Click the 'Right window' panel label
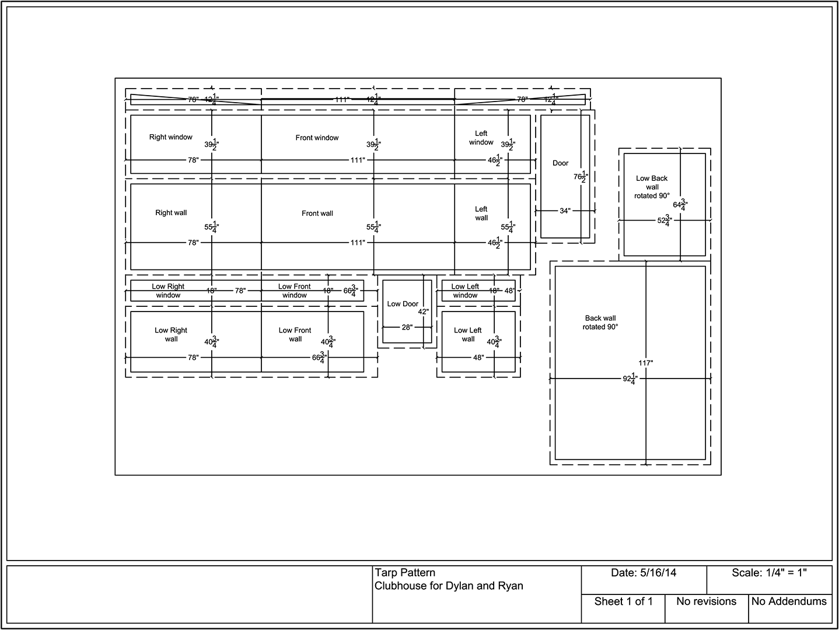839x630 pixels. pos(170,137)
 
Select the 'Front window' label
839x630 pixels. pos(317,138)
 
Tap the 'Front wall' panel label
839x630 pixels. pos(317,213)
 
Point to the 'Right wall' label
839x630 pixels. pos(171,213)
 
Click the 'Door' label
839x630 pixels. pos(560,163)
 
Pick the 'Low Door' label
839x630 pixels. pos(403,304)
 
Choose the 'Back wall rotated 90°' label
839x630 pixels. pos(600,323)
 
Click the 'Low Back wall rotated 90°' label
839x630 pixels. pos(652,187)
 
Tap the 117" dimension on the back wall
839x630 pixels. pos(645,363)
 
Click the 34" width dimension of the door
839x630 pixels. pos(565,211)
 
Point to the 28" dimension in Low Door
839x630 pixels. pos(407,327)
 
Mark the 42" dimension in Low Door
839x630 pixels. pos(424,311)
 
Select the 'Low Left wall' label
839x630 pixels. pos(468,334)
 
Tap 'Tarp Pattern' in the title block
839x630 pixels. pos(405,573)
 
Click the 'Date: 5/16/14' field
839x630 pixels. pos(644,573)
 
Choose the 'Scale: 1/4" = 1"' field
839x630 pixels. pos(769,573)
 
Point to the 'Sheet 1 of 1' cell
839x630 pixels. pos(623,601)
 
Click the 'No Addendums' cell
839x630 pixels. pos(789,601)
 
